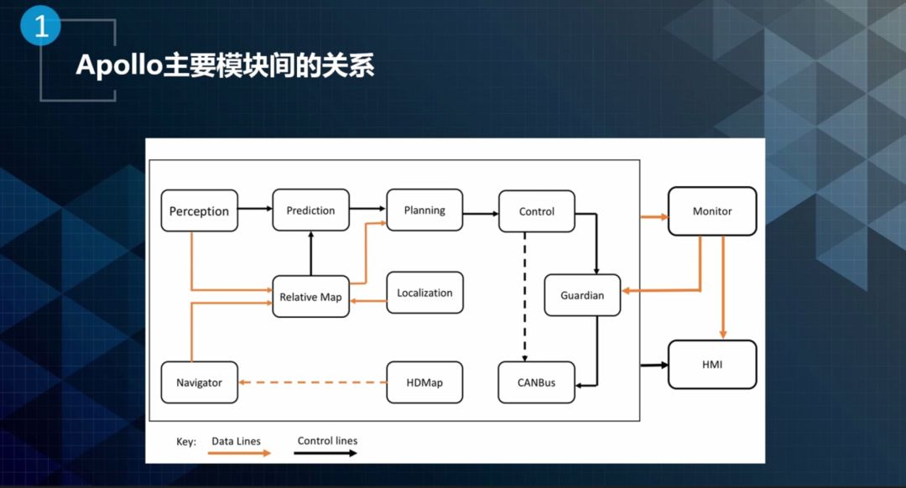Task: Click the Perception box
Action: pyautogui.click(x=200, y=210)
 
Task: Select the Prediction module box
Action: pyautogui.click(x=311, y=210)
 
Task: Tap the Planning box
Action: pyautogui.click(x=424, y=210)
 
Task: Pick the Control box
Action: pyautogui.click(x=537, y=211)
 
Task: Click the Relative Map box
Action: pyautogui.click(x=311, y=296)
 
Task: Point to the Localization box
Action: pyautogui.click(x=424, y=293)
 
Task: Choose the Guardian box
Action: pyautogui.click(x=582, y=295)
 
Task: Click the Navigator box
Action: pyautogui.click(x=200, y=382)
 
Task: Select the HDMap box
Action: pyautogui.click(x=424, y=382)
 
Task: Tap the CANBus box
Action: pyautogui.click(x=536, y=382)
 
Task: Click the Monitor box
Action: pyautogui.click(x=712, y=211)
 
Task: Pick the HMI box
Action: pyautogui.click(x=712, y=365)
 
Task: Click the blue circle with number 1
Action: pyautogui.click(x=40, y=25)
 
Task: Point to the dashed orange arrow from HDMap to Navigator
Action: pyautogui.click(x=313, y=382)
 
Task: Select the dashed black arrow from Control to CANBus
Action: pyautogui.click(x=524, y=297)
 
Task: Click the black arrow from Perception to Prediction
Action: pyautogui.click(x=255, y=209)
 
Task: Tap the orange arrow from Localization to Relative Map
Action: pyautogui.click(x=368, y=301)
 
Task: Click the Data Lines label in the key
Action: pyautogui.click(x=236, y=441)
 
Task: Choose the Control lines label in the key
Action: pyautogui.click(x=328, y=441)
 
